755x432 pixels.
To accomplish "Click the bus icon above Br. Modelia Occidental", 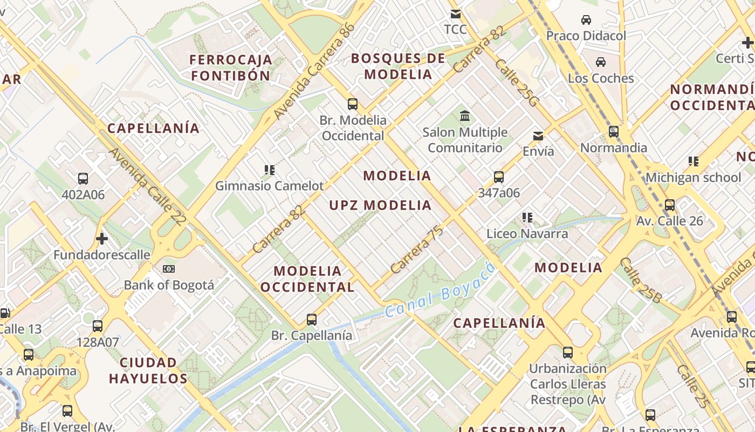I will pyautogui.click(x=353, y=104).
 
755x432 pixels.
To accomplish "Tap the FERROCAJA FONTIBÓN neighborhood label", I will pyautogui.click(x=231, y=67).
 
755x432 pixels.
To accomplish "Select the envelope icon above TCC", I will pyautogui.click(x=456, y=13).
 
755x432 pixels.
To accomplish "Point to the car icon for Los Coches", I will pyautogui.click(x=600, y=62).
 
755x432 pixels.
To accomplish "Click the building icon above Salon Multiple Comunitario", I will pyautogui.click(x=464, y=116).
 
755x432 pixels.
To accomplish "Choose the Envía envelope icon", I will pyautogui.click(x=538, y=136).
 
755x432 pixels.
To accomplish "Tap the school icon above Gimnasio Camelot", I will pyautogui.click(x=270, y=170).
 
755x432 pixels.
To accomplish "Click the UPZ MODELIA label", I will pyautogui.click(x=381, y=205).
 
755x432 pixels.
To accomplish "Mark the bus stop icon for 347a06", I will pyautogui.click(x=499, y=177).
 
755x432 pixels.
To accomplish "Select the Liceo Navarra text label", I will pyautogui.click(x=527, y=234).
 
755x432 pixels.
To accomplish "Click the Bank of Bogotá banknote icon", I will pyautogui.click(x=169, y=269).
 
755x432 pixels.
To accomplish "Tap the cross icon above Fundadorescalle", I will pyautogui.click(x=101, y=238).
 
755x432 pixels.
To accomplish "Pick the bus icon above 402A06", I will pyautogui.click(x=83, y=179).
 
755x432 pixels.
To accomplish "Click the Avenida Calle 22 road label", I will pyautogui.click(x=147, y=186).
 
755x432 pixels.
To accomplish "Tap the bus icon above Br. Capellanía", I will pyautogui.click(x=312, y=319).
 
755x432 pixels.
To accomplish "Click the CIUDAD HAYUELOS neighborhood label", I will pyautogui.click(x=148, y=370).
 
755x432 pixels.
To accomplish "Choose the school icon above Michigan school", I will pyautogui.click(x=694, y=161).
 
